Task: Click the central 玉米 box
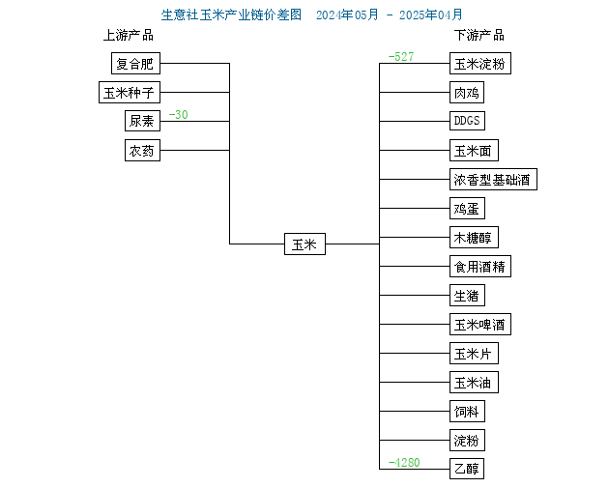coord(304,244)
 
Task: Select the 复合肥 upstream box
coord(135,63)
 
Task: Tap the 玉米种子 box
coord(130,93)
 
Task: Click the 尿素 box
coord(142,121)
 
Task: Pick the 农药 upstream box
coord(142,150)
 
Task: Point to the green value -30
coord(178,115)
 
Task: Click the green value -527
coord(401,57)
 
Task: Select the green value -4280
coord(404,462)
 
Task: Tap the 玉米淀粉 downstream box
coord(480,63)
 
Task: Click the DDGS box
coord(467,121)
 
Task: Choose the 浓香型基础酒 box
coord(493,180)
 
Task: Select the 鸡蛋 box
coord(467,209)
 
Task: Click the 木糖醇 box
coord(474,237)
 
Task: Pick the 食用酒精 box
coord(480,267)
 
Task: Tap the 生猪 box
coord(467,296)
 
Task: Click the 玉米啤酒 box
coord(480,324)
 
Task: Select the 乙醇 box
coord(467,469)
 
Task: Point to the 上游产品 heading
coord(129,36)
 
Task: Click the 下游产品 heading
coord(479,36)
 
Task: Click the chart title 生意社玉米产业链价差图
coord(231,14)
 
